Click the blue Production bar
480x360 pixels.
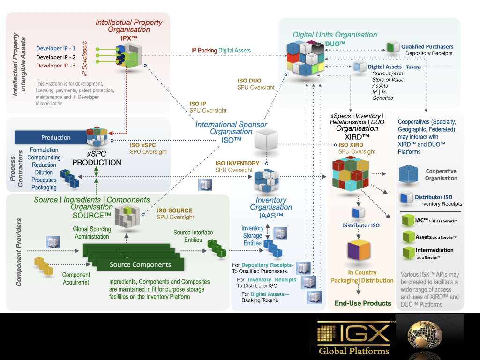pyautogui.click(x=50, y=137)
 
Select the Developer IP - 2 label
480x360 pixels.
pyautogui.click(x=56, y=57)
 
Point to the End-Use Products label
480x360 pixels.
pyautogui.click(x=363, y=303)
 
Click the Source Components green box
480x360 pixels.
pyautogui.click(x=140, y=264)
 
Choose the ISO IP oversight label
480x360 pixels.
pyautogui.click(x=208, y=107)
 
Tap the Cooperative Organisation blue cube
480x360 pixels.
pyautogui.click(x=408, y=174)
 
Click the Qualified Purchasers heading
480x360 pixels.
pyautogui.click(x=427, y=47)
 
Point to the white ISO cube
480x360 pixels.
pyautogui.click(x=266, y=140)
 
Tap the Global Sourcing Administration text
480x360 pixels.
pyautogui.click(x=91, y=233)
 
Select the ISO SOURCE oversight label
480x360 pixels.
pyautogui.click(x=175, y=214)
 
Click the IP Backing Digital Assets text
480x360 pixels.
pyautogui.click(x=221, y=51)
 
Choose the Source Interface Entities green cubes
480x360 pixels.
pyautogui.click(x=216, y=248)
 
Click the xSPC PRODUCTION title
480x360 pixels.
pyautogui.click(x=97, y=158)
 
